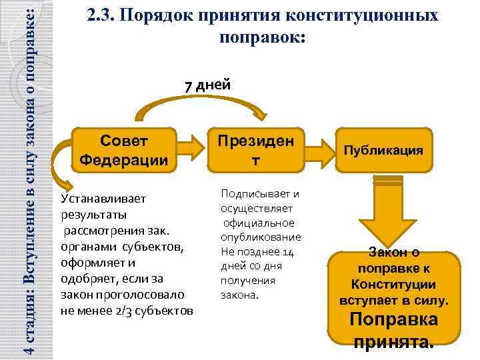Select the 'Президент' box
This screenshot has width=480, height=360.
click(x=257, y=150)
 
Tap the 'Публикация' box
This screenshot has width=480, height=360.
click(x=384, y=150)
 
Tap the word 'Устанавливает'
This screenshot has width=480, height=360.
click(x=98, y=199)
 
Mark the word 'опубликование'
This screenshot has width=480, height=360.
click(x=261, y=237)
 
